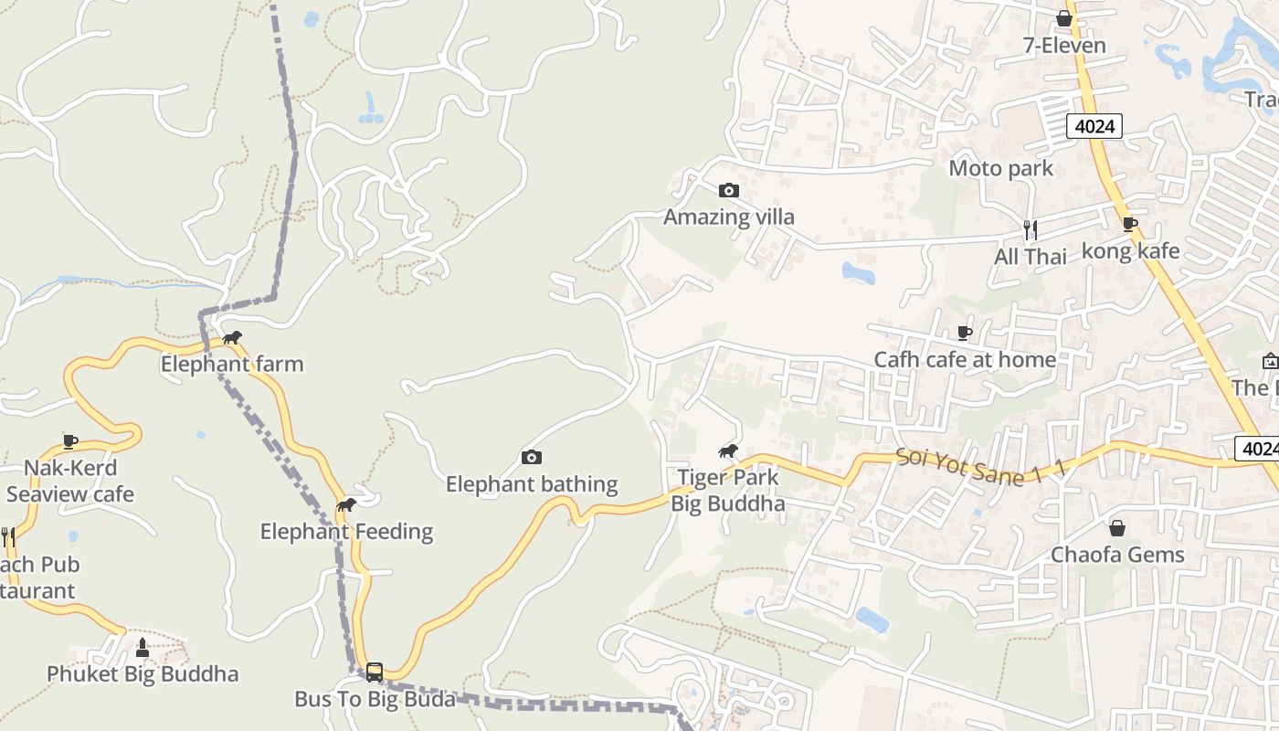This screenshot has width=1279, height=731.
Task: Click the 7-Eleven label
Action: pyautogui.click(x=1063, y=46)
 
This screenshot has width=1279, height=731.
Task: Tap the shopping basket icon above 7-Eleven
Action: pyautogui.click(x=1063, y=18)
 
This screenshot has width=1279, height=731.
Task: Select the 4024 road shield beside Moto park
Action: pyautogui.click(x=1094, y=126)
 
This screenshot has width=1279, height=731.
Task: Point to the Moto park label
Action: pyautogui.click(x=1000, y=168)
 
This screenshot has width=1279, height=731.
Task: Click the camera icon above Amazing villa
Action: pyautogui.click(x=728, y=190)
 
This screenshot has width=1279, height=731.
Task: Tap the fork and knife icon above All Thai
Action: pyautogui.click(x=1031, y=229)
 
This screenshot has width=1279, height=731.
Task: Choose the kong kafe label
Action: pyautogui.click(x=1130, y=250)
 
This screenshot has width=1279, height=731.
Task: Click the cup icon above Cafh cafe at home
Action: pyautogui.click(x=965, y=333)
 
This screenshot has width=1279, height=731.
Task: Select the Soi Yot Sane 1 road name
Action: pyautogui.click(x=980, y=466)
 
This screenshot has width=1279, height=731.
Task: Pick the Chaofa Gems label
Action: pyautogui.click(x=1116, y=555)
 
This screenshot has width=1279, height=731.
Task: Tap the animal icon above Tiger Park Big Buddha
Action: pyautogui.click(x=728, y=450)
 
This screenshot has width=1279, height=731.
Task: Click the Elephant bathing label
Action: pyautogui.click(x=532, y=484)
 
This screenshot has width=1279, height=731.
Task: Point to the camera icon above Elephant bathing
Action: pyautogui.click(x=531, y=457)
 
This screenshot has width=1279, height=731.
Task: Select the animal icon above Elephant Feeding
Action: pyautogui.click(x=346, y=504)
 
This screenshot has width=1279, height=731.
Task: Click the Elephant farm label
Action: pyautogui.click(x=232, y=364)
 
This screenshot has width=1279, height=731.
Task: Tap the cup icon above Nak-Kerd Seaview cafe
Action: pyautogui.click(x=70, y=441)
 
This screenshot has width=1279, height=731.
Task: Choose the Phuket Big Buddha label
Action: pyautogui.click(x=143, y=674)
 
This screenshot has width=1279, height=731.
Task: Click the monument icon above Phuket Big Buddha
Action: pyautogui.click(x=142, y=647)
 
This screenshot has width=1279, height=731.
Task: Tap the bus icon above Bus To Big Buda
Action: pyautogui.click(x=375, y=673)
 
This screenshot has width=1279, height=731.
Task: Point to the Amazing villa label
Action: pyautogui.click(x=728, y=217)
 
